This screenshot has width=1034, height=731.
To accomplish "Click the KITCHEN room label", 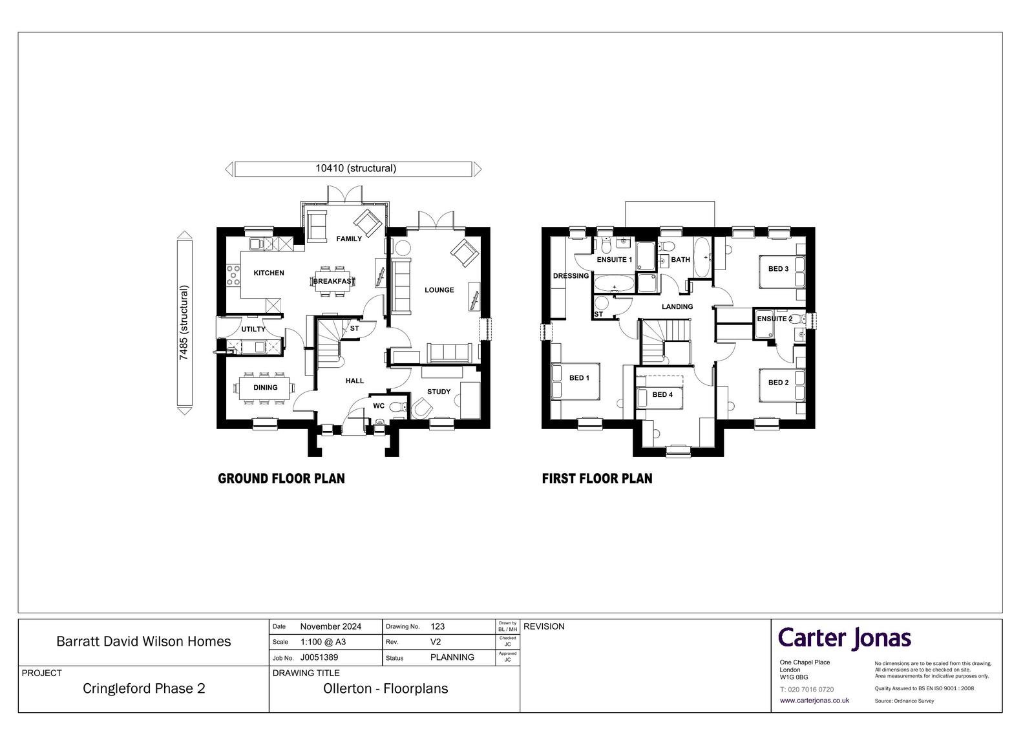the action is click(269, 273).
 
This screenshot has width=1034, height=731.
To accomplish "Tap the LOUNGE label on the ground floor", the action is click(439, 290).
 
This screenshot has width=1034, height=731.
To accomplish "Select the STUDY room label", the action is click(439, 392).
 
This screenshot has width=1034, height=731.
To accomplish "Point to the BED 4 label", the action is click(662, 394).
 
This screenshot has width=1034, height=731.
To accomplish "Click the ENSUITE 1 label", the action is click(615, 260).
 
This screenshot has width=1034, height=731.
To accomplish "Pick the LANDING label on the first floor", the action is click(677, 306).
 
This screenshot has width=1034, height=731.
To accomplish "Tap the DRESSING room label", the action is click(571, 276).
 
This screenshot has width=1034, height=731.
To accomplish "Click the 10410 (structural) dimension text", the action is click(356, 169).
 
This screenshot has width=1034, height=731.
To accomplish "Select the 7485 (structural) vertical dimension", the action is click(184, 323).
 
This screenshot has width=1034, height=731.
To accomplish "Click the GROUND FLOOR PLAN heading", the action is click(281, 478).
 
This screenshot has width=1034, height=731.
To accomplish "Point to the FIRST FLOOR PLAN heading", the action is click(597, 478).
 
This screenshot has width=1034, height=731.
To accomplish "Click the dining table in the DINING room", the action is click(264, 388).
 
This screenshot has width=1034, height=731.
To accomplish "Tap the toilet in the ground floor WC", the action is click(397, 407).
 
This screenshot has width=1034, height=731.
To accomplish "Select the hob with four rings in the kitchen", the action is click(233, 275).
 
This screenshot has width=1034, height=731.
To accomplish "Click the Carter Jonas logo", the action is click(844, 639).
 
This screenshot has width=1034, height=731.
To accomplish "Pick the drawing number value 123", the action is click(438, 627).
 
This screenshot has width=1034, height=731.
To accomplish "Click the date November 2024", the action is click(330, 627).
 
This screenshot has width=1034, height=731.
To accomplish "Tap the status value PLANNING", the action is click(452, 657).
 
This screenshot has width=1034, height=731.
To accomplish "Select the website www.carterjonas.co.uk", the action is click(814, 701).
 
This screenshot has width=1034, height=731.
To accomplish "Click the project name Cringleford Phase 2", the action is click(143, 688).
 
